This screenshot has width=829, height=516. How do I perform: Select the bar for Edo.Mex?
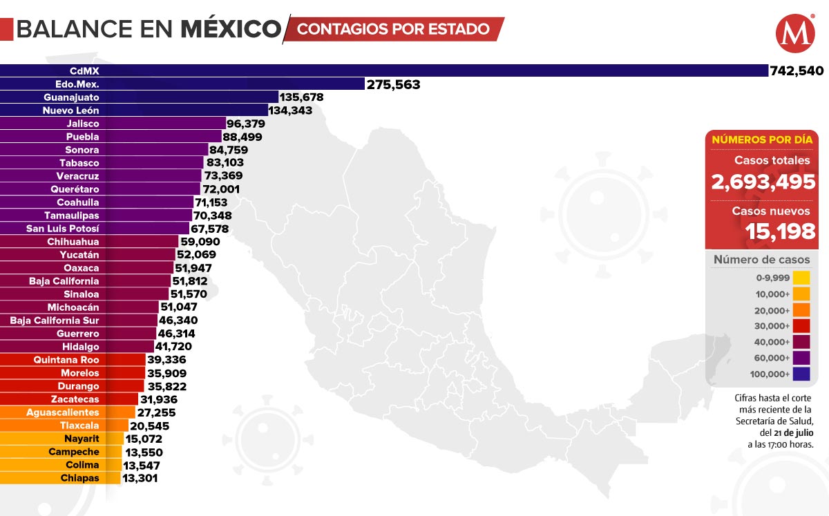coord(182,84)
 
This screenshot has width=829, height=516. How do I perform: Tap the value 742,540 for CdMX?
coord(797,70)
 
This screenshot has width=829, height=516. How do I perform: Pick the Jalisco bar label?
coord(83,124)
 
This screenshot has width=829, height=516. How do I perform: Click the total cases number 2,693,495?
coord(763,182)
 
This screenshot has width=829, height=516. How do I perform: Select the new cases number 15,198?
coord(781,231)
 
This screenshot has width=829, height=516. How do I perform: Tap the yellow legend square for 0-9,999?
coord(801,278)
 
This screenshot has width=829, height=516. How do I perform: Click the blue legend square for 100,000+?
coord(801,374)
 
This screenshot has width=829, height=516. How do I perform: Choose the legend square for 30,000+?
coord(801,326)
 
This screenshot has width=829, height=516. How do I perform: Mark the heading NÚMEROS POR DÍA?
coord(761,140)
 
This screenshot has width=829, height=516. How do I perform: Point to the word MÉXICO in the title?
coord(231,29)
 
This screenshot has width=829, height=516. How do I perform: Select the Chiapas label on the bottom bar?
coord(80,478)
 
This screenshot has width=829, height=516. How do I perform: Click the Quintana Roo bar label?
coord(66,360)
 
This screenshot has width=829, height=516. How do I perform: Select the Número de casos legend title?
coord(761,260)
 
